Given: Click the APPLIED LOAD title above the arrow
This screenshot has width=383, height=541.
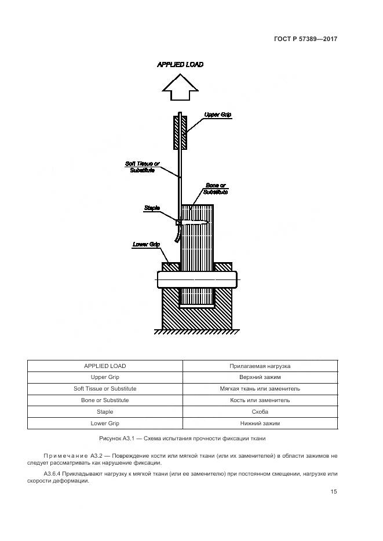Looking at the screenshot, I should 180,65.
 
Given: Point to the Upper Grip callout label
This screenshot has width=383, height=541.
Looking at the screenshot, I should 218,115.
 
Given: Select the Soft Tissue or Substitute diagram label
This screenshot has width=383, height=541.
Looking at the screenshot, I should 140,167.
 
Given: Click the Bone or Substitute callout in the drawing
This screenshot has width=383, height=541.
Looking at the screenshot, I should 216,189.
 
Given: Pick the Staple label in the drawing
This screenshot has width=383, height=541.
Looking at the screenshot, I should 151,207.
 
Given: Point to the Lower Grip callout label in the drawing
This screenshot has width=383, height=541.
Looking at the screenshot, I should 146,244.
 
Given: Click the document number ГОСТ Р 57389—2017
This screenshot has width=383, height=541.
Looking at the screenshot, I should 305,39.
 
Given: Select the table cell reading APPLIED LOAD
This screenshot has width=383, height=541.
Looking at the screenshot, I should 105,366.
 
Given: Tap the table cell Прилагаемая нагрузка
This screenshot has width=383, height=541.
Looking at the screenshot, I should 260,366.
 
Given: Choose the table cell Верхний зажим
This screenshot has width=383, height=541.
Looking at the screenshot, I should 260,377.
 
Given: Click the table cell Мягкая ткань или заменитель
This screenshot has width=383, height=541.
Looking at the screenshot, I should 260,389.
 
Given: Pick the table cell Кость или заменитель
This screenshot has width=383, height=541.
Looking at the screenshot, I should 260,400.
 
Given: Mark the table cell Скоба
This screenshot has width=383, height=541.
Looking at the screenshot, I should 260,412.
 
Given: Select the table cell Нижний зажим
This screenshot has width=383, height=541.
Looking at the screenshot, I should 260,424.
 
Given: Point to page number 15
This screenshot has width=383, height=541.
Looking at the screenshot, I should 334,492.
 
